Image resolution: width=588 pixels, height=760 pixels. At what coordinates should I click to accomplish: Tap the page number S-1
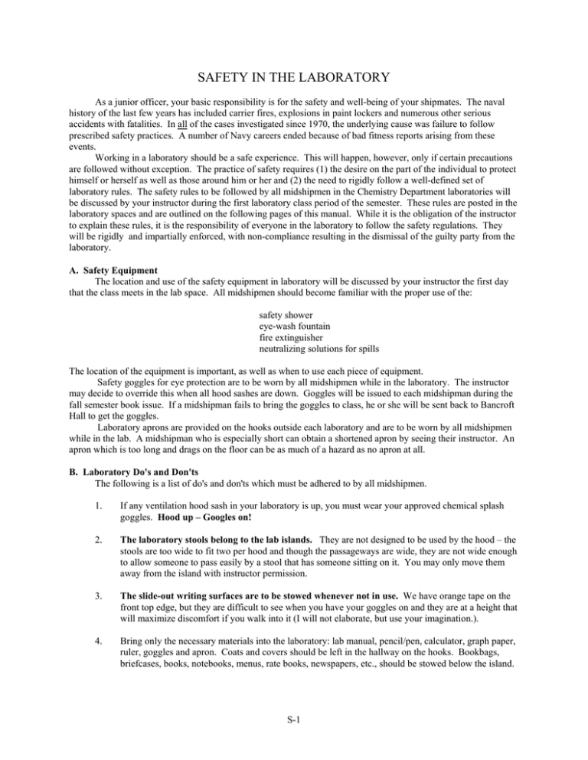point(294,737)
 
